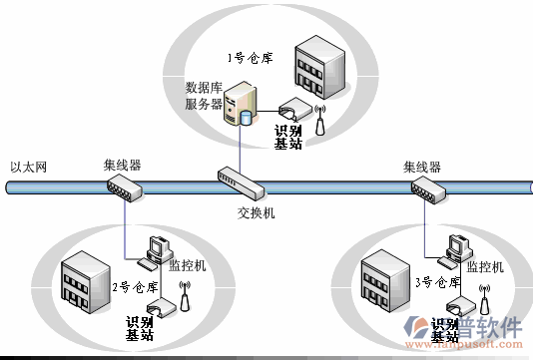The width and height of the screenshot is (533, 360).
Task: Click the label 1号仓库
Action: [245, 58]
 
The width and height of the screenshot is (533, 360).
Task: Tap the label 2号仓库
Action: [135, 287]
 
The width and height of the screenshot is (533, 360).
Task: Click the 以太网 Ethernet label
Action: [29, 167]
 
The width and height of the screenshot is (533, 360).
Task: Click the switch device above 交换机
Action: [241, 182]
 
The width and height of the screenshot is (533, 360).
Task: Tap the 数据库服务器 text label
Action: [204, 96]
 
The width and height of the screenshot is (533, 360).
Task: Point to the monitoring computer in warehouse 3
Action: [457, 250]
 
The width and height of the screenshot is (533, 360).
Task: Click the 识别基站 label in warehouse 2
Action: [139, 328]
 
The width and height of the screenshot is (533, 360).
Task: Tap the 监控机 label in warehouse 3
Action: [486, 266]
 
